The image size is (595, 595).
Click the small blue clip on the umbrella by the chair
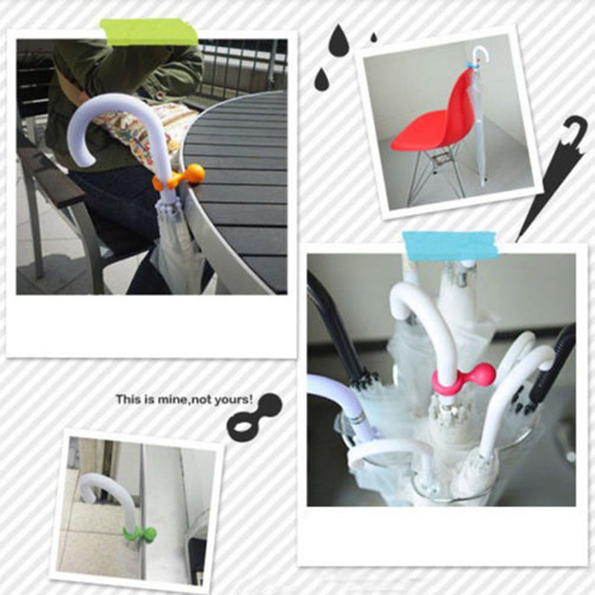pos(471,65)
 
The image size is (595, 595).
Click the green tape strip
pos(149,32)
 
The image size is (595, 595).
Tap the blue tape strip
pos(451,246)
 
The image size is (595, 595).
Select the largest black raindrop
pos(339,41)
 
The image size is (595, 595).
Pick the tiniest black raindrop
pos(374,37)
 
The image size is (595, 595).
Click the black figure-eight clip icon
pos(254,416)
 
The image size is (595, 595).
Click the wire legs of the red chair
pos(437,171)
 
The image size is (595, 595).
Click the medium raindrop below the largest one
pos(322,80)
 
